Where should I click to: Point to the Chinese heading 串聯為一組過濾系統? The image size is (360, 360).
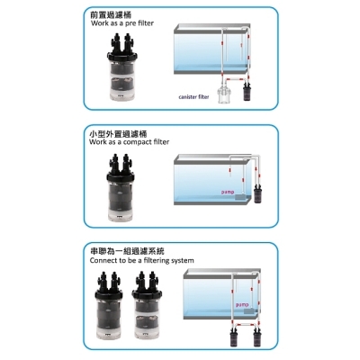[x=128, y=254]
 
